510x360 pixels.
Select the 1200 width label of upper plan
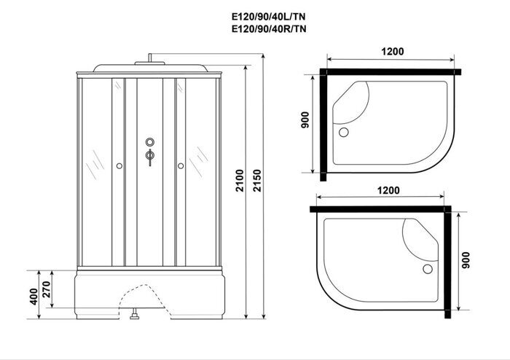pos(391,52)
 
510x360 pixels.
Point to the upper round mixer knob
pos(150,142)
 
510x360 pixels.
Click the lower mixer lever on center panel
pos(150,156)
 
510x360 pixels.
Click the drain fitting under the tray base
pos(134,316)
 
